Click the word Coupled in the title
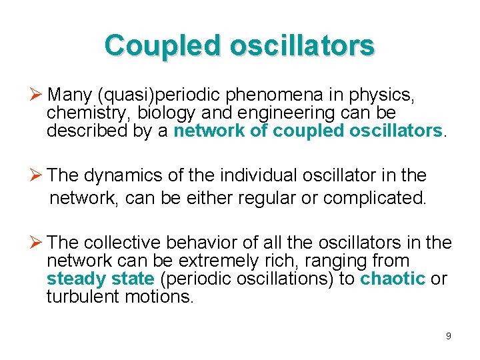coord(162,45)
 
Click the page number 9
coord(448,336)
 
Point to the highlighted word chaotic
coord(392,279)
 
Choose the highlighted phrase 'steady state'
coord(100,279)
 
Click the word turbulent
coord(83,297)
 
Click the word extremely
coord(218,261)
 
